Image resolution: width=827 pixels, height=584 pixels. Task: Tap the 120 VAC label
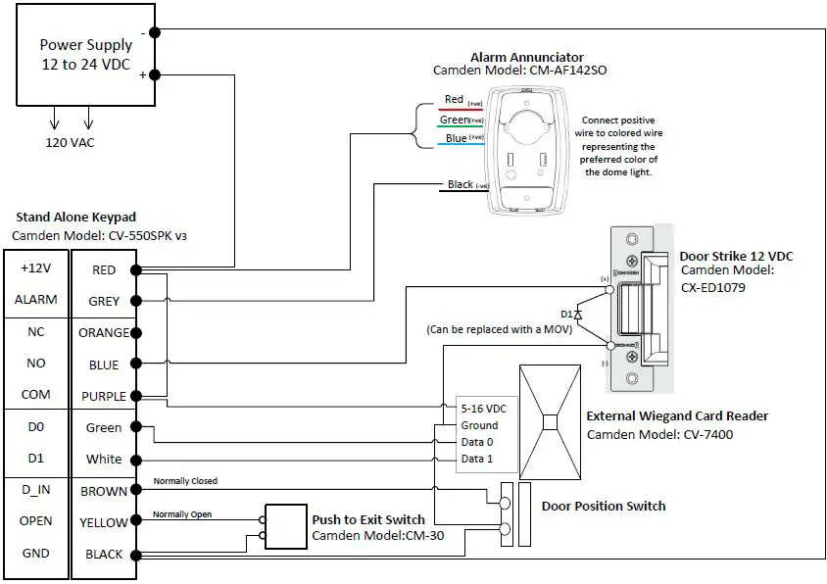point(70,142)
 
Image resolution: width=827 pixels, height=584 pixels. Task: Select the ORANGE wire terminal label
point(104,332)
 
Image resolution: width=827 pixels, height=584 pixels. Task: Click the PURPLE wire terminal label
point(104,397)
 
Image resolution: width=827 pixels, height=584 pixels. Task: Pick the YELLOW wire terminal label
point(104,522)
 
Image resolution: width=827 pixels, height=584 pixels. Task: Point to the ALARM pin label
point(36,300)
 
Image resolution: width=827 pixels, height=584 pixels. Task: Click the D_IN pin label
point(36,490)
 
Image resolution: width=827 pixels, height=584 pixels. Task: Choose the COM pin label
point(36,397)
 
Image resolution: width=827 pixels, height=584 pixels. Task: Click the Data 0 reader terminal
point(477,442)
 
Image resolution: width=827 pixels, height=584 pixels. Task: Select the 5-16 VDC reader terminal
point(483,408)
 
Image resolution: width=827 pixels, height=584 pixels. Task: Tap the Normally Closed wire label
point(185,481)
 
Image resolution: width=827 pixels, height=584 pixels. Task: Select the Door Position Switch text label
point(603,506)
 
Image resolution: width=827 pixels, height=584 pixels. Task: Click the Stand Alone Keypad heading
point(75,217)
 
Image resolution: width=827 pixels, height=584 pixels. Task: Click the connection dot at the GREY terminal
point(137,302)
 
